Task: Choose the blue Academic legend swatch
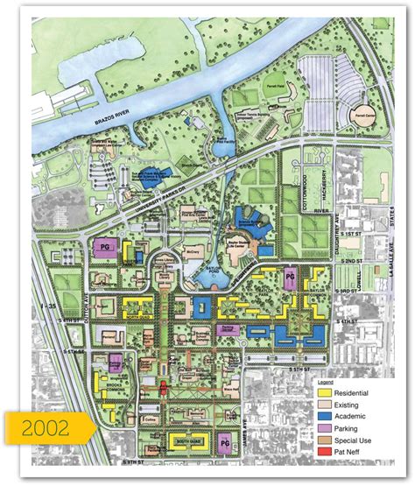323,418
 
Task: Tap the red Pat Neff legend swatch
323,453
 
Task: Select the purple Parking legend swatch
323,429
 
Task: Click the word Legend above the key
326,384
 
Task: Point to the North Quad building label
138,306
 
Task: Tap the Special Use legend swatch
323,441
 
